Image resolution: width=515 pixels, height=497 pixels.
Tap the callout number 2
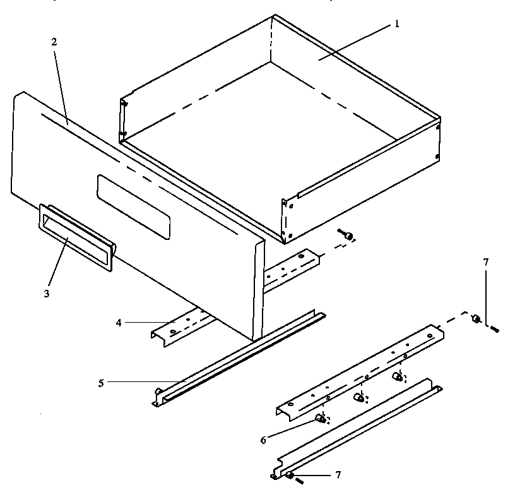[54, 42]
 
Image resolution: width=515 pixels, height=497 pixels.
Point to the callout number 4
[119, 322]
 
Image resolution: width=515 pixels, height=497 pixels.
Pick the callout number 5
[101, 381]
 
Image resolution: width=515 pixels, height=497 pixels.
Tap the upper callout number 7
[485, 261]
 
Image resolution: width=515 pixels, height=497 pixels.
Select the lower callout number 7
[339, 474]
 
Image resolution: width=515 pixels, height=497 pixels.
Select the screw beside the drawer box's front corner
[347, 236]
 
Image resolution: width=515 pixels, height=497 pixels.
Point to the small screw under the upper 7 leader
[494, 328]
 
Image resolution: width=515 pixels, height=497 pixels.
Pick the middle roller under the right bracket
[359, 398]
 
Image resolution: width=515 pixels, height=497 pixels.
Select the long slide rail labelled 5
[240, 357]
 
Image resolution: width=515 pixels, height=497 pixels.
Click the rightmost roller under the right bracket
[398, 377]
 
